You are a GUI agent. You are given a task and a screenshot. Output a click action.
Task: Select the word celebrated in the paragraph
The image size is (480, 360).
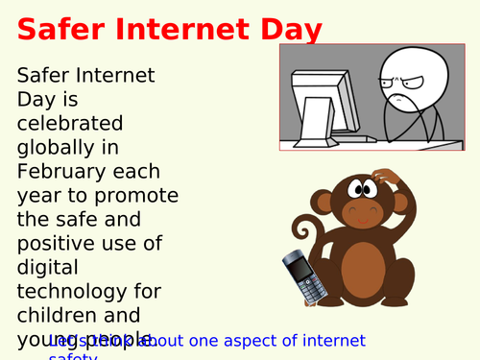point(70,123)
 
